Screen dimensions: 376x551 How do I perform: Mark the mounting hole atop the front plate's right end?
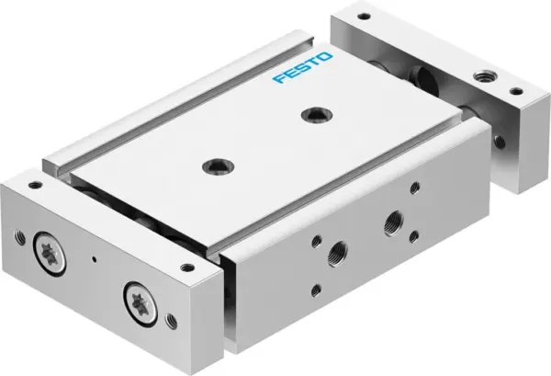coord(187,268)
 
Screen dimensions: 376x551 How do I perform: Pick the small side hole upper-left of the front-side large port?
coord(315,242)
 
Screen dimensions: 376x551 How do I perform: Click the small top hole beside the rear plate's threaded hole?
coord(515,90)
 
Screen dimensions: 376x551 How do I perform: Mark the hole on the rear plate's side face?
coord(500,142)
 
